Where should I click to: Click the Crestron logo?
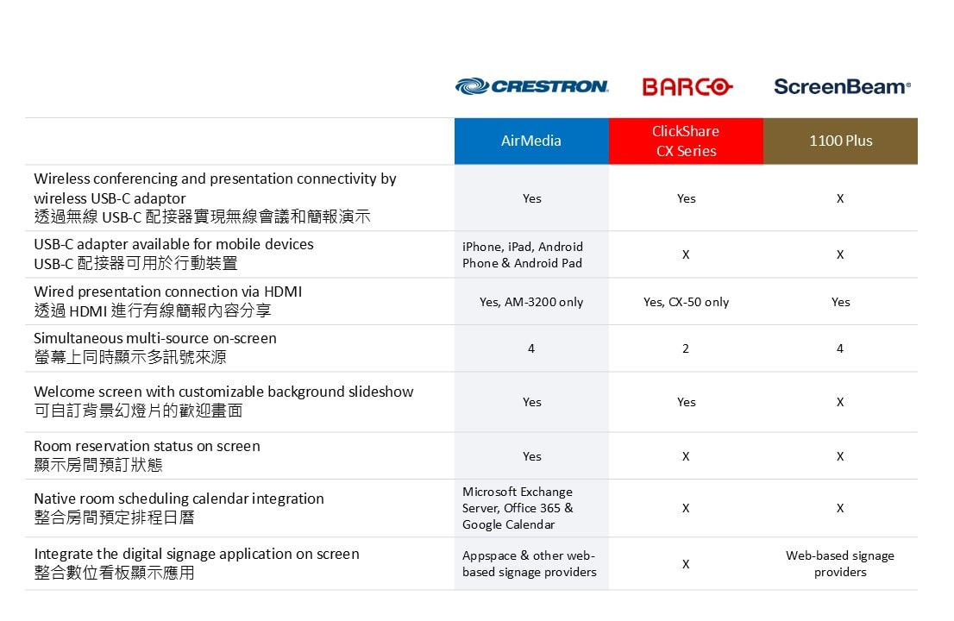pyautogui.click(x=531, y=86)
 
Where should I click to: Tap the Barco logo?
pyautogui.click(x=687, y=87)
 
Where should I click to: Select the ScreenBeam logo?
pyautogui.click(x=842, y=86)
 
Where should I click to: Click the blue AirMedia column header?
pyautogui.click(x=531, y=141)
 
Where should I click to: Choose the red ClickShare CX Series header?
pyautogui.click(x=686, y=141)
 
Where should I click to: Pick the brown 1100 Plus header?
pyautogui.click(x=840, y=141)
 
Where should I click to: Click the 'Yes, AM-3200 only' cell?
pyautogui.click(x=531, y=302)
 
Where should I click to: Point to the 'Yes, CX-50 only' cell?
pyautogui.click(x=686, y=302)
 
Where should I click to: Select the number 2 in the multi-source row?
pyautogui.click(x=686, y=348)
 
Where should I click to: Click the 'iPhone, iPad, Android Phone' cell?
pyautogui.click(x=522, y=254)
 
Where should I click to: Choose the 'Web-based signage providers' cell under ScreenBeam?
pyautogui.click(x=840, y=564)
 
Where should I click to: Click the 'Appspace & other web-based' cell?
pyautogui.click(x=530, y=564)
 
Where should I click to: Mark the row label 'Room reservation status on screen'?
pyautogui.click(x=147, y=446)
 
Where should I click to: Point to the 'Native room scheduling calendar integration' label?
pyautogui.click(x=179, y=499)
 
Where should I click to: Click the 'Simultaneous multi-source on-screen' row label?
pyautogui.click(x=155, y=338)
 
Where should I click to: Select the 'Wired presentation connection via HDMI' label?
pyautogui.click(x=168, y=292)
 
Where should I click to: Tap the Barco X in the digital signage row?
pyautogui.click(x=686, y=564)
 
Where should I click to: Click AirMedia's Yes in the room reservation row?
pyautogui.click(x=531, y=456)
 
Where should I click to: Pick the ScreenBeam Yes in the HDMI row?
pyautogui.click(x=840, y=302)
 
